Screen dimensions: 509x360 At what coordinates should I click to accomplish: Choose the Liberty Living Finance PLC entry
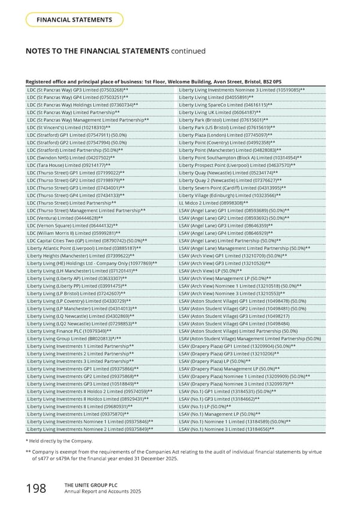click(69, 331)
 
